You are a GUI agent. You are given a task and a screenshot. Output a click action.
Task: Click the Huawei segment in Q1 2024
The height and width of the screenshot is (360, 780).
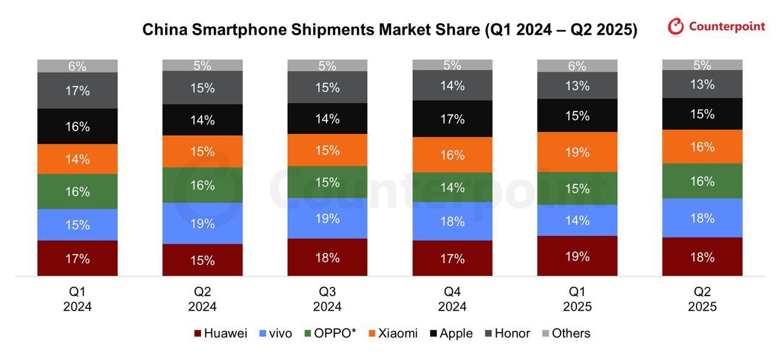[77, 258]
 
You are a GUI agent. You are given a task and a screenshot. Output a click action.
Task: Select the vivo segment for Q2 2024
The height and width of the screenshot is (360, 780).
[202, 224]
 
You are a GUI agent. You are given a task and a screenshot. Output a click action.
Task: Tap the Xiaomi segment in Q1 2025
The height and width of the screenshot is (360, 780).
[577, 152]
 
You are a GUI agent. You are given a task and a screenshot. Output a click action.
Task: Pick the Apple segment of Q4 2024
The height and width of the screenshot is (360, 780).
[452, 119]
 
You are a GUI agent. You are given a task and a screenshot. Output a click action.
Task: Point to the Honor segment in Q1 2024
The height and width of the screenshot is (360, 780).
[77, 91]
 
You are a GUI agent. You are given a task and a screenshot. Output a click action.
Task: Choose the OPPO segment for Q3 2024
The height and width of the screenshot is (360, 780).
[327, 182]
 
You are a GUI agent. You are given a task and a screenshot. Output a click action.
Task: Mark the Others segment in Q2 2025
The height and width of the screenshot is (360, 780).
[702, 65]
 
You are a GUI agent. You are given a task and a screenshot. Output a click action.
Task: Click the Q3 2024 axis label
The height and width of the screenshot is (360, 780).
[327, 298]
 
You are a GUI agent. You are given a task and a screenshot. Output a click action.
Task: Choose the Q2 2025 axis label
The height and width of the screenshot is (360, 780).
[702, 298]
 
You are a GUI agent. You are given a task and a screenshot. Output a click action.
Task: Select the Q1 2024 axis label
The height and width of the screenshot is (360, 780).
[77, 298]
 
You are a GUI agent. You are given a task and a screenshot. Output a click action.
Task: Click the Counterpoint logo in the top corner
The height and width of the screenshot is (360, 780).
[716, 27]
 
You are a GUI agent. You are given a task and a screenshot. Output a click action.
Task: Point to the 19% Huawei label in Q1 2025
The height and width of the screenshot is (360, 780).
[577, 256]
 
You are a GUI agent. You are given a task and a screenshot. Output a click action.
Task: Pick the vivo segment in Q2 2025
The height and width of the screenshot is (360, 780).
[702, 218]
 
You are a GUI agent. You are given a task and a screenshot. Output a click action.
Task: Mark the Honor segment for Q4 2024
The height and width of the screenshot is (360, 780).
[452, 85]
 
